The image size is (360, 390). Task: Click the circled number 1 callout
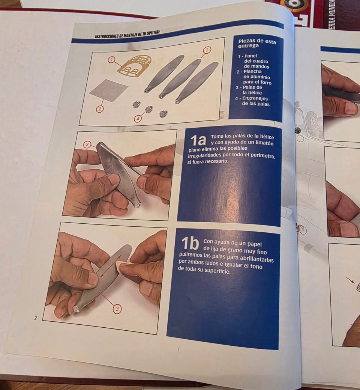pos(111,60)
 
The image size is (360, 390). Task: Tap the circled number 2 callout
pos(100,109)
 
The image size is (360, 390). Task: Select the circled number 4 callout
pos(137,119)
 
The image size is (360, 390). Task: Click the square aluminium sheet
pos(109,90)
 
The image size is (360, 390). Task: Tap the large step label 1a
pos(198,140)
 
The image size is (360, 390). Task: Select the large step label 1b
pos(190,244)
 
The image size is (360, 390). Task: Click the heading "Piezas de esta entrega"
pos(256,44)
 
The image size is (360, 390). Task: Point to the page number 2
pos(36,318)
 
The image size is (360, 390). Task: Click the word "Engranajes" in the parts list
pos(255,98)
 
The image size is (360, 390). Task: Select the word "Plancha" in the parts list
pos(252,72)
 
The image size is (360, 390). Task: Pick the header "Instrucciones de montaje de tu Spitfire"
pos(127,34)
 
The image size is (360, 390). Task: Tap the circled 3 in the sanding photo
pos(117,309)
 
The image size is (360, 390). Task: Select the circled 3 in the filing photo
pos(87,145)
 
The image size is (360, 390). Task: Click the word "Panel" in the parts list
pos(250,56)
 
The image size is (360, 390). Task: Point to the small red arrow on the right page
pos(351,280)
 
